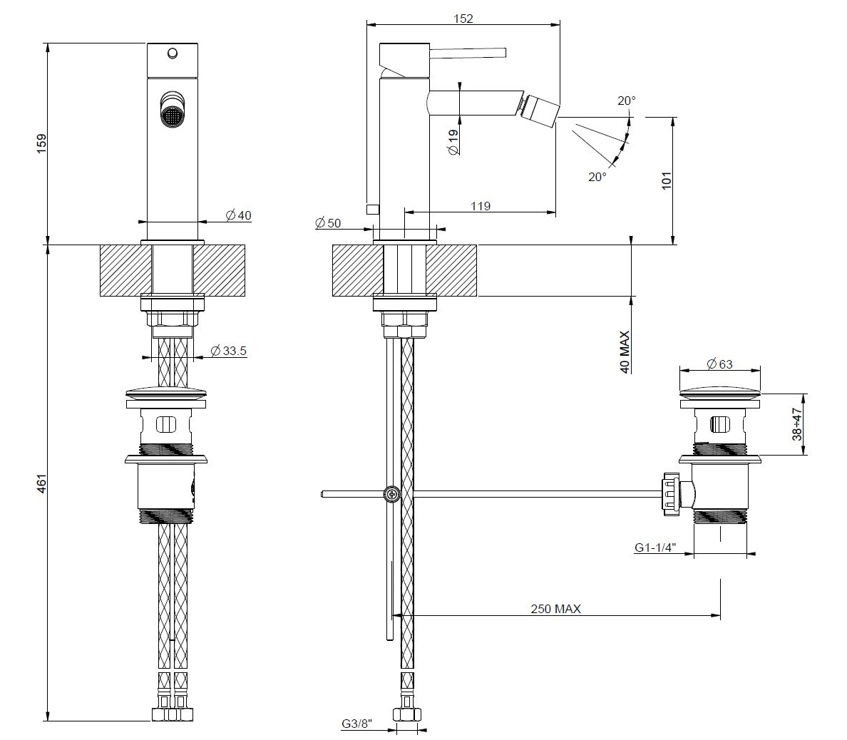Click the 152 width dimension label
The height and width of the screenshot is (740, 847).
[463, 19]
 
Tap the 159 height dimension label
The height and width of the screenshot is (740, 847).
[41, 143]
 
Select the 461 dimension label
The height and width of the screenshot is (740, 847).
[41, 483]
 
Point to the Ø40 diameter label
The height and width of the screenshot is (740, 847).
[238, 215]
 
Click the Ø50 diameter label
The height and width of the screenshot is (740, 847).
[327, 222]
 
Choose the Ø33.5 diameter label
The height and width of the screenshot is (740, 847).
[228, 351]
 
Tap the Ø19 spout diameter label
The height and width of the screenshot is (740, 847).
[453, 142]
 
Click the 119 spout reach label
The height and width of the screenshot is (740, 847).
[481, 206]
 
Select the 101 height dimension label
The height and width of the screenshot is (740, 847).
[667, 180]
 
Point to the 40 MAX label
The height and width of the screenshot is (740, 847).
[625, 352]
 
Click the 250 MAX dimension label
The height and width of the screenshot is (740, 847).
[555, 609]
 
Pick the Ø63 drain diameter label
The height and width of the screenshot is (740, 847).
[719, 364]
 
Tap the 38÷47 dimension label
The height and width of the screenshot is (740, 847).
[797, 425]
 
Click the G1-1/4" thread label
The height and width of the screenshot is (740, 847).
[655, 548]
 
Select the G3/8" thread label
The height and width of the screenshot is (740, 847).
[356, 724]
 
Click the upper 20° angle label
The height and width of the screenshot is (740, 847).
[627, 101]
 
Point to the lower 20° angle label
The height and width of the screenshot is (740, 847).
[597, 177]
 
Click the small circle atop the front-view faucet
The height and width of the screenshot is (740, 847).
[173, 53]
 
